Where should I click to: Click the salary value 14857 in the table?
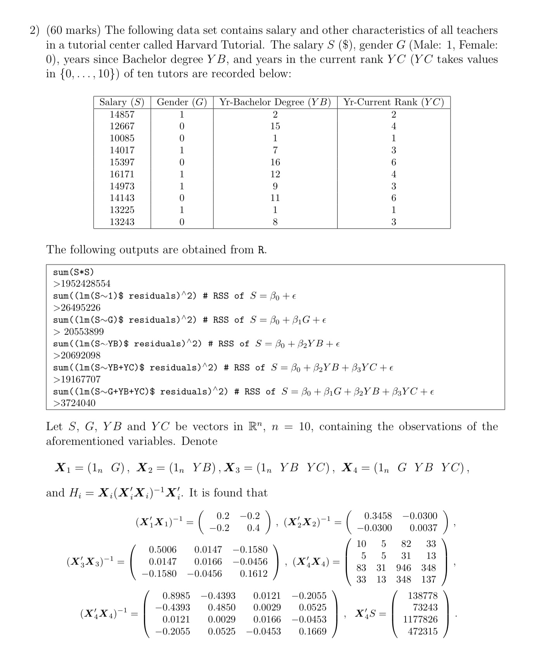click(x=122, y=114)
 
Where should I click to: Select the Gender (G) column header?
click(x=182, y=102)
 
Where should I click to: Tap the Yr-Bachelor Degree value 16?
click(x=275, y=162)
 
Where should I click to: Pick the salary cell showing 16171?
click(x=122, y=174)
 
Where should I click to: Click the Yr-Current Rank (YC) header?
click(x=393, y=102)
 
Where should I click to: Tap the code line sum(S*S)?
click(x=73, y=272)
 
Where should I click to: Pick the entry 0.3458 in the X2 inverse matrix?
click(x=378, y=516)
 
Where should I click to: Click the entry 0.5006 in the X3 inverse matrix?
click(x=163, y=549)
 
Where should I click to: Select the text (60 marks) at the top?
click(x=73, y=30)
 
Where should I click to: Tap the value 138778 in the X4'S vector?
click(x=423, y=596)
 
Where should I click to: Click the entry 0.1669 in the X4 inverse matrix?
click(x=312, y=631)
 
